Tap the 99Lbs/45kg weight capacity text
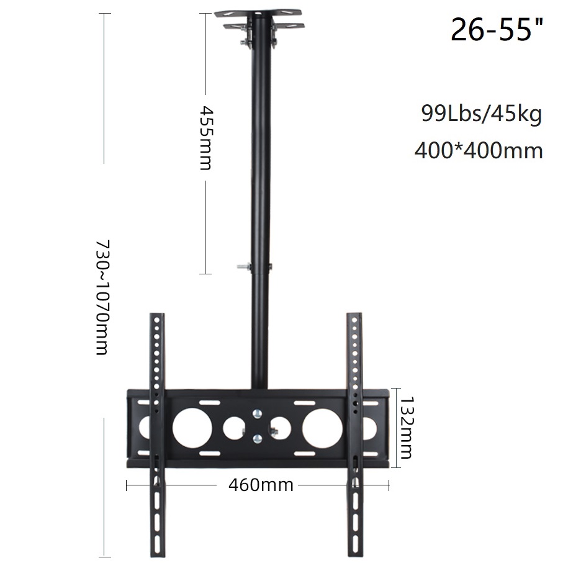[481, 114]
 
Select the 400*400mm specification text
[479, 150]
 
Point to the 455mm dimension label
[205, 137]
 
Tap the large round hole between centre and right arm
[321, 427]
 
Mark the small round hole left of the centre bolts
[233, 426]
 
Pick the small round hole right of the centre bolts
[280, 426]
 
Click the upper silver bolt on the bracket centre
[256, 413]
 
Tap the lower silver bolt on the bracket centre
[256, 440]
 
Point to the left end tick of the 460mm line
[127, 484]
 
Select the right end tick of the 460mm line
[389, 484]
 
